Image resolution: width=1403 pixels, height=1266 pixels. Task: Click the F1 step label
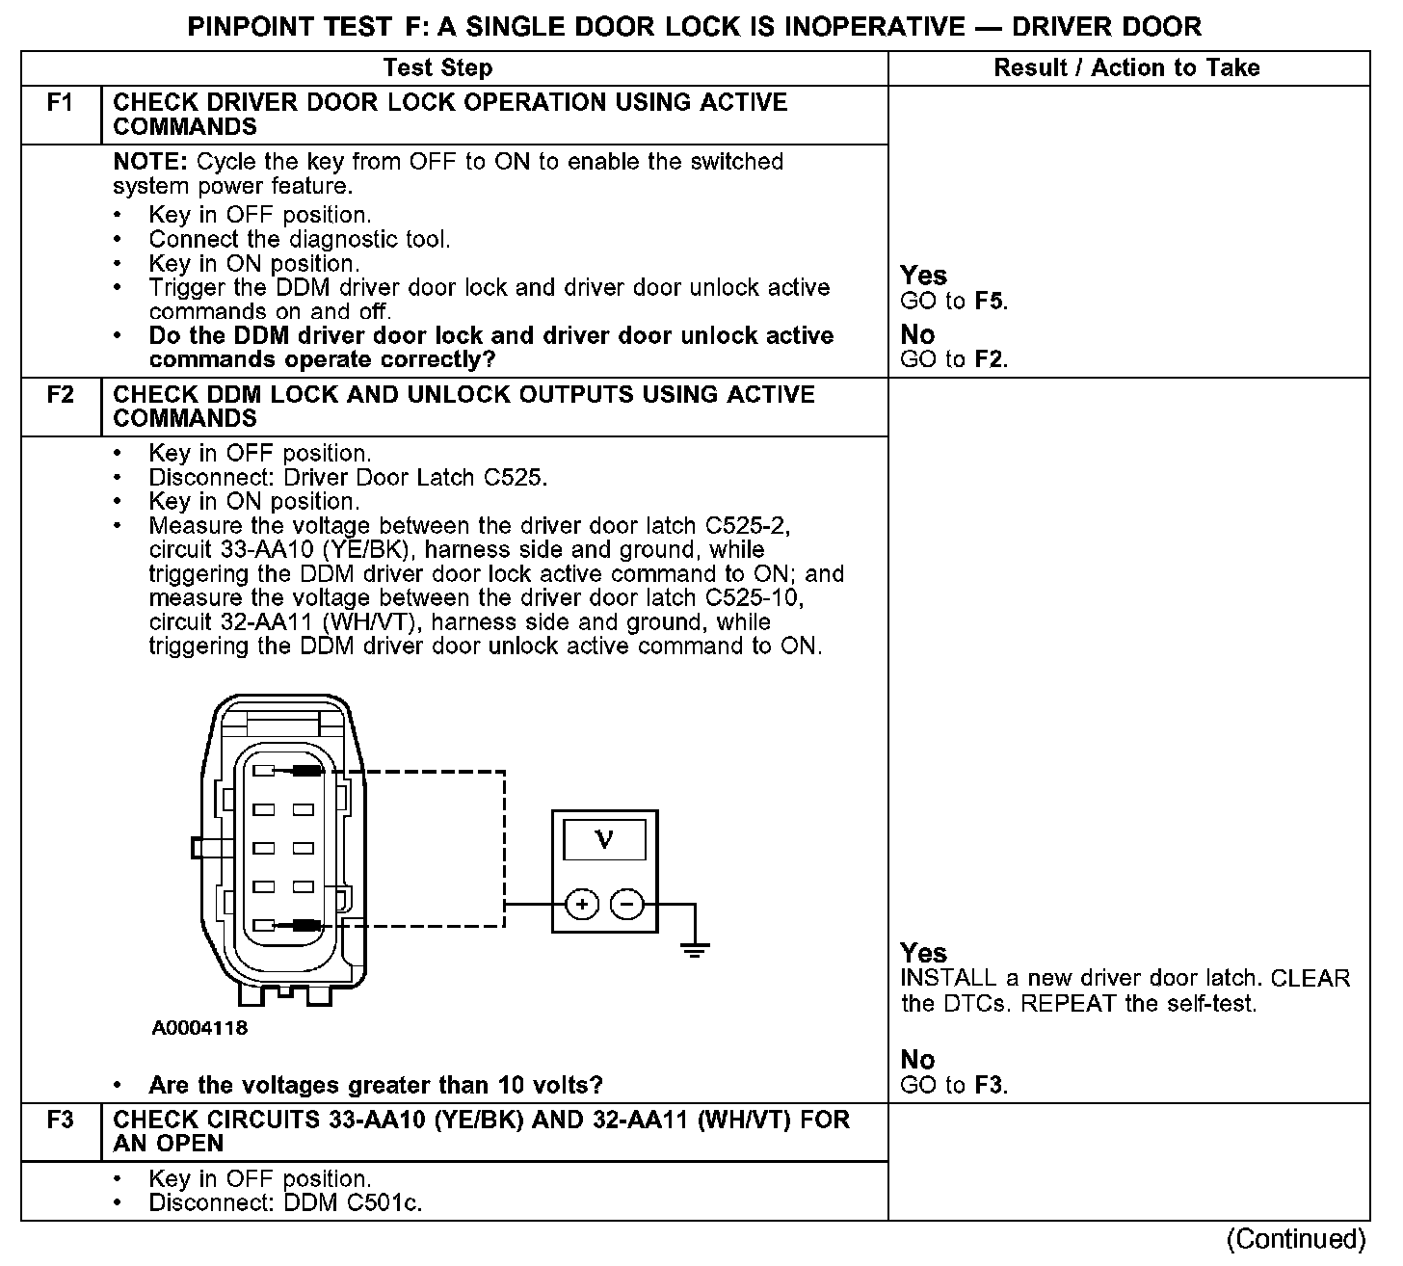tap(60, 102)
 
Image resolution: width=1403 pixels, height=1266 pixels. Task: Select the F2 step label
tap(60, 394)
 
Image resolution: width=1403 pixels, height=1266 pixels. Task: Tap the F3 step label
tap(60, 1120)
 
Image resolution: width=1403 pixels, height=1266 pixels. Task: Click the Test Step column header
tap(437, 67)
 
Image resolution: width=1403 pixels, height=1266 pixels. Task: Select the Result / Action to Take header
tap(1126, 67)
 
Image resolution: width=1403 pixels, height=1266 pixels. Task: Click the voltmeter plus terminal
tap(581, 905)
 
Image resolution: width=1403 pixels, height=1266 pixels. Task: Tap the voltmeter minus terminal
tap(627, 905)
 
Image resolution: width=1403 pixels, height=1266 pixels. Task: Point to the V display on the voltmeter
tap(604, 839)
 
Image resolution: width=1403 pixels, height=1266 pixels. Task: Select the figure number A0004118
tap(199, 1028)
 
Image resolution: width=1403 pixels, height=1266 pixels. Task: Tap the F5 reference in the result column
tap(990, 301)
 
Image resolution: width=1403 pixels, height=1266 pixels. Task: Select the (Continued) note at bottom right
tap(1297, 1239)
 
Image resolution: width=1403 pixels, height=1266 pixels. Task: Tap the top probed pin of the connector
tap(305, 771)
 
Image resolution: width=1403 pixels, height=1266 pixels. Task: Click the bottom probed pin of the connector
tap(305, 925)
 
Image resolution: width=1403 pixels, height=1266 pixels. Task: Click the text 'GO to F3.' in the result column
tap(954, 1086)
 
